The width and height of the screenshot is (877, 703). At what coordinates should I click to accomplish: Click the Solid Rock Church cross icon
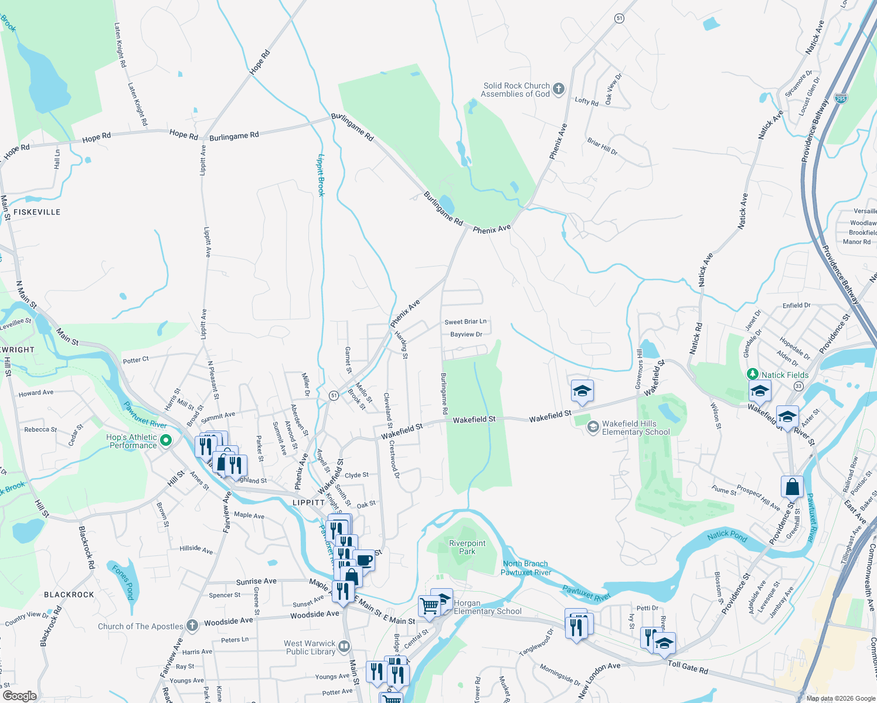559,89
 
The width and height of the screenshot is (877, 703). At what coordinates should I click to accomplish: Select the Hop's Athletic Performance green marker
165,440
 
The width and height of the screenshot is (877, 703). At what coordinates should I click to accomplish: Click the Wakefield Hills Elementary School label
635,428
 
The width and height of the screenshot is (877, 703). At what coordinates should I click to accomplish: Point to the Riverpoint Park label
467,547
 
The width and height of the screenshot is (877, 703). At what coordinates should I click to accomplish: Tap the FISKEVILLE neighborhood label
37,212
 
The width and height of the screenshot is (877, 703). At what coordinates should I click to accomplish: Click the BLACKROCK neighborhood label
69,595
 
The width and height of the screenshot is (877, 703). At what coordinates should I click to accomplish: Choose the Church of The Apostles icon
192,626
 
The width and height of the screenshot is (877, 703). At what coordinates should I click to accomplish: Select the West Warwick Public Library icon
344,646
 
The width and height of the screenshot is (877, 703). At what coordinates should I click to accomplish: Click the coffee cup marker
363,560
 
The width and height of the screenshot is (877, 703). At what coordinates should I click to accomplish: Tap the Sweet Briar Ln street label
465,322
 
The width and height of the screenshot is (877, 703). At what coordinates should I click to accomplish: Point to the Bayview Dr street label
466,335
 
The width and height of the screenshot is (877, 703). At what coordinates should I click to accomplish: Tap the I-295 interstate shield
841,98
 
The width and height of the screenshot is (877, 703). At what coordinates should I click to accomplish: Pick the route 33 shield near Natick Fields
798,386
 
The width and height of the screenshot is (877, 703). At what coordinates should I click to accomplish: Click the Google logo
19,696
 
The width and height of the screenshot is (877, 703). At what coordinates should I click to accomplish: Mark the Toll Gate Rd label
688,666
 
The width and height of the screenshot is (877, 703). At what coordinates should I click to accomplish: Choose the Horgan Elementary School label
488,607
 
